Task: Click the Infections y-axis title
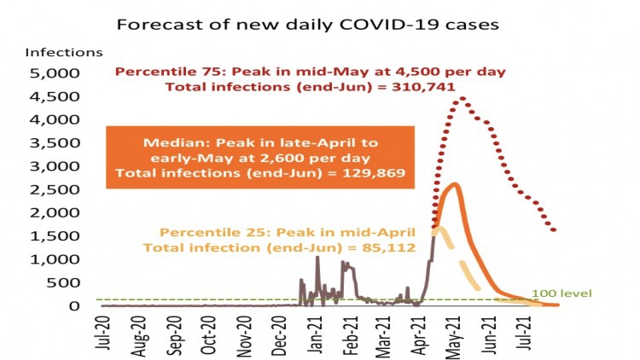coord(65,53)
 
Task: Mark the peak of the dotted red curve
coord(461,98)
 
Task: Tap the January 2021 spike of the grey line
coord(317,257)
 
